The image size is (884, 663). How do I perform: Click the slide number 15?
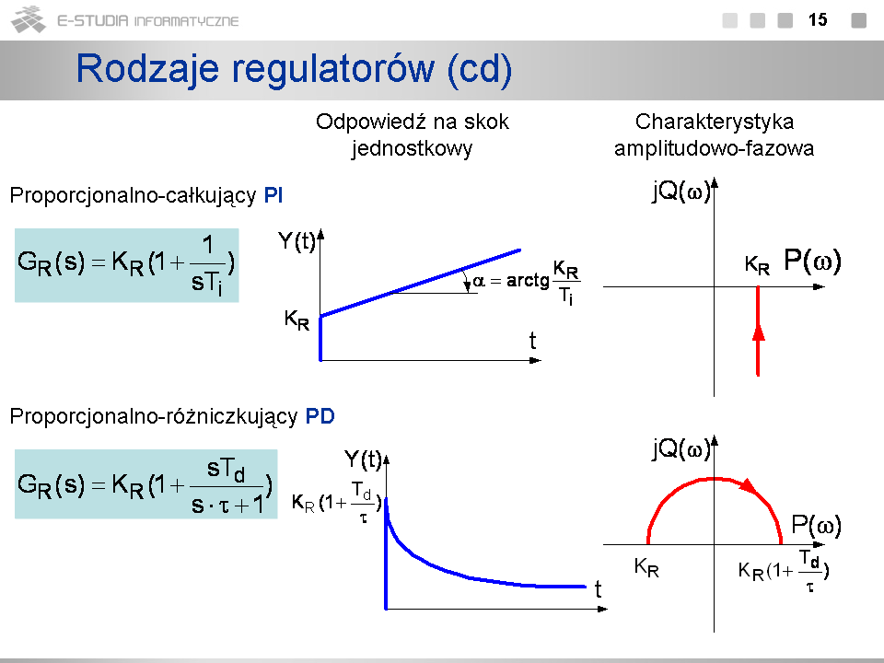coord(818,20)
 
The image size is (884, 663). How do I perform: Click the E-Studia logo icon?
coord(29,19)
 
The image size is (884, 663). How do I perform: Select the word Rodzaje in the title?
coord(147,69)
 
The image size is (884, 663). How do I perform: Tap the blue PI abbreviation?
coord(273,195)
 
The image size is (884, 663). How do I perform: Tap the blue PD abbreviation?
coord(320,416)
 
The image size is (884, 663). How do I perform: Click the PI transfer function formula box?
coord(127,265)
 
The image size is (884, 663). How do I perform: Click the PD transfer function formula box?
coord(146,483)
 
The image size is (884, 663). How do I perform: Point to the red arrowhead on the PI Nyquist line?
coord(758,331)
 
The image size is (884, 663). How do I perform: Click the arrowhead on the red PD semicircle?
coord(748,485)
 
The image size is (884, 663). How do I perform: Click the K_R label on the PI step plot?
coord(297,320)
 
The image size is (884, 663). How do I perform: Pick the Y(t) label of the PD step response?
coord(363,459)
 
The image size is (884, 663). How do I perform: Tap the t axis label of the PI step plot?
coord(532,341)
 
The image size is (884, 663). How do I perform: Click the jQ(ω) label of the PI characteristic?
coord(680,191)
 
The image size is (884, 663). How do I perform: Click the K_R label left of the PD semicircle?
coord(646,566)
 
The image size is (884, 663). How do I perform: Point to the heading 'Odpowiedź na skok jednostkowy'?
coord(413,134)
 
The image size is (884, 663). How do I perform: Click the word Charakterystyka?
coord(715,122)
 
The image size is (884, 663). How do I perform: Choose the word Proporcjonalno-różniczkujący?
coord(154,416)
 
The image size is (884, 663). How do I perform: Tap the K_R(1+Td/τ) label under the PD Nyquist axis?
coord(784,571)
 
